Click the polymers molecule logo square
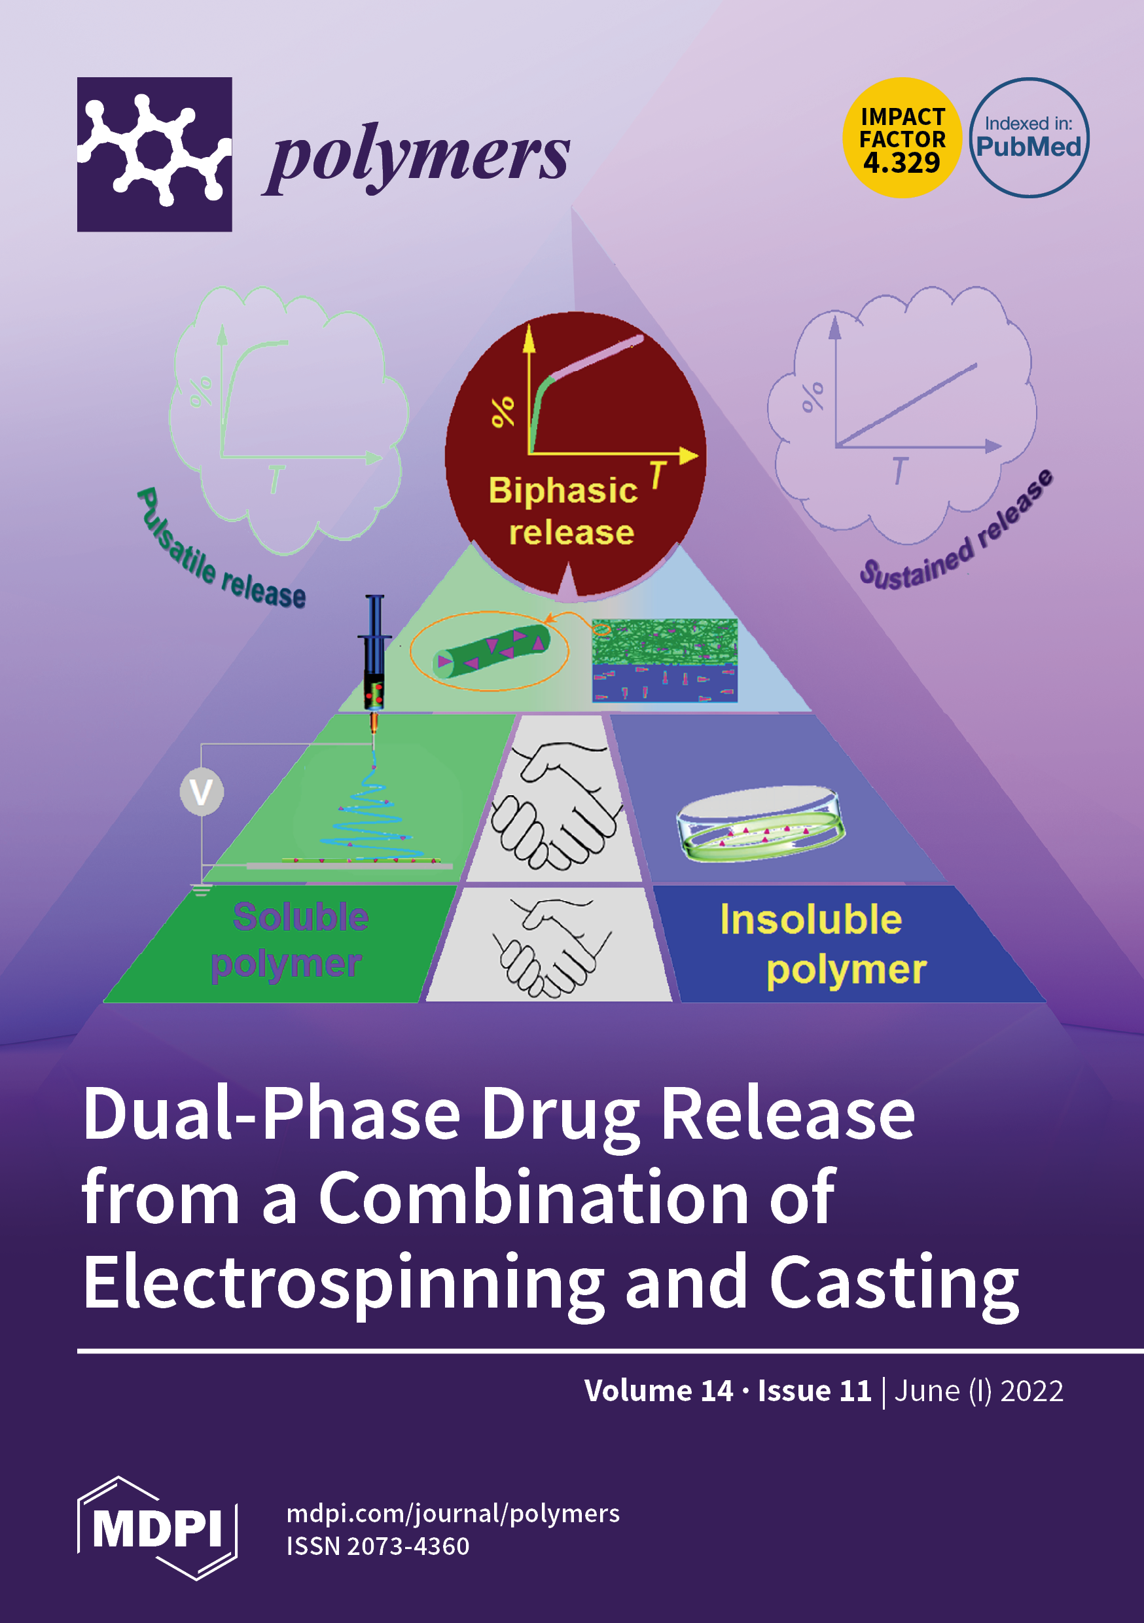click(x=154, y=154)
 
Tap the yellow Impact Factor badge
click(x=901, y=138)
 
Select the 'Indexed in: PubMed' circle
click(x=1029, y=138)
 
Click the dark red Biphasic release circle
click(x=574, y=452)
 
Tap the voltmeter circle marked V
click(x=202, y=792)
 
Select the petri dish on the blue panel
click(x=760, y=823)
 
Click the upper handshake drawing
click(x=555, y=806)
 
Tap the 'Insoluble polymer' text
click(x=820, y=944)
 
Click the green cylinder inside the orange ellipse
click(x=491, y=650)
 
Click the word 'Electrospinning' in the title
click(x=342, y=1283)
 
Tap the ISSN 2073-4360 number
click(x=378, y=1546)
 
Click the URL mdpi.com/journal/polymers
click(x=452, y=1512)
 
